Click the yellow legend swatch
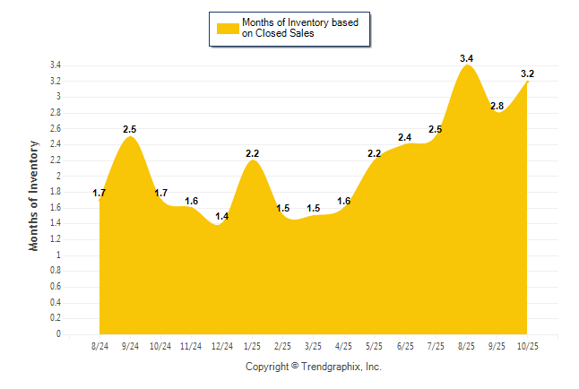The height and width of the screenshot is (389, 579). (x=227, y=28)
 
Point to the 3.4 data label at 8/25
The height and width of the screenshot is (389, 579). (x=466, y=58)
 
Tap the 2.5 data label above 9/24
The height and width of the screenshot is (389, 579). (x=130, y=130)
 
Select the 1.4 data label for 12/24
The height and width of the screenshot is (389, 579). (x=222, y=217)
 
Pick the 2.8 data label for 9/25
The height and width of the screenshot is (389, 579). (x=497, y=106)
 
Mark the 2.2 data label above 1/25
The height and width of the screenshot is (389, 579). (x=253, y=153)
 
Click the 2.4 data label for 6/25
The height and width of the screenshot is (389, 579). (x=405, y=137)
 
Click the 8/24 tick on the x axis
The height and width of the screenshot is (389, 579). (x=99, y=345)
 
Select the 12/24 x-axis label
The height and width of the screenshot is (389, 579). (x=221, y=345)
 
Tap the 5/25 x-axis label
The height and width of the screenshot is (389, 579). (x=374, y=345)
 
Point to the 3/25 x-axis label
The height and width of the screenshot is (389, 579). (x=313, y=345)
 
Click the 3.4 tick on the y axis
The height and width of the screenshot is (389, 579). (x=56, y=65)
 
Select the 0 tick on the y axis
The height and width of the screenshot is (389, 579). (x=58, y=334)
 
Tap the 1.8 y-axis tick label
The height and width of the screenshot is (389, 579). (x=56, y=192)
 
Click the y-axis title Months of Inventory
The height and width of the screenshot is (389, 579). (x=34, y=195)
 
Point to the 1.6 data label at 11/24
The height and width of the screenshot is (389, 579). (x=192, y=201)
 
